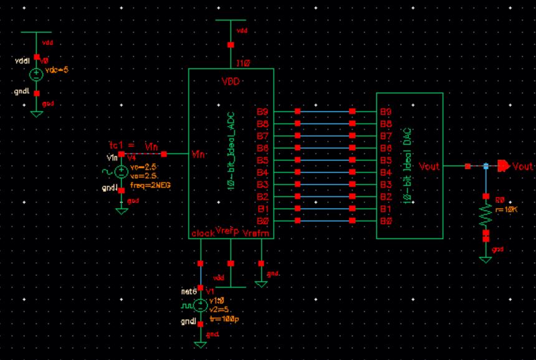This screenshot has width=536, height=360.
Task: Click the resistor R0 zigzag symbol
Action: coord(486,215)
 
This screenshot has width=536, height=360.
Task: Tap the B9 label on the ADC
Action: coord(262,111)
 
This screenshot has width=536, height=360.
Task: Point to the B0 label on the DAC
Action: coord(386,220)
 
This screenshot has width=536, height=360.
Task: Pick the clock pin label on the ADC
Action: coord(202,233)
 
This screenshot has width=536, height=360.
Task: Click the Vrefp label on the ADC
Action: coord(227,232)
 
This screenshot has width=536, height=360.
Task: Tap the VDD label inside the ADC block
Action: coord(231,82)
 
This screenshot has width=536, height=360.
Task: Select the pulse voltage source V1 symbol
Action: coord(201,306)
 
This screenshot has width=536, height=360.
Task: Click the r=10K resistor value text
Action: coord(506,209)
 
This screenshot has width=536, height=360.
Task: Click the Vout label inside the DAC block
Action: coord(429,166)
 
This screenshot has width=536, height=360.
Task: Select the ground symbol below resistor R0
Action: coord(486,258)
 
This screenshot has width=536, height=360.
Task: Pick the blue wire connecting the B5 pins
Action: coord(325,160)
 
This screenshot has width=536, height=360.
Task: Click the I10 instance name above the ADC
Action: coord(244,64)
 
